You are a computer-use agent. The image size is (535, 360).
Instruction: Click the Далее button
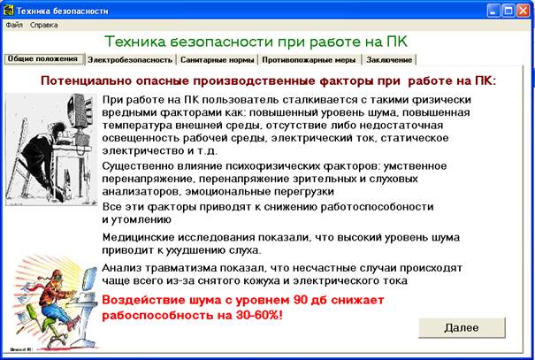pos(462,328)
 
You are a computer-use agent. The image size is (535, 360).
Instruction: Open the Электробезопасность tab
pos(130,60)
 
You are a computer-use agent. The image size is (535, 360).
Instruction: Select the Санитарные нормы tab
pos(217,60)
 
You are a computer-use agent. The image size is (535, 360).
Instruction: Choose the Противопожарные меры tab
pos(309,60)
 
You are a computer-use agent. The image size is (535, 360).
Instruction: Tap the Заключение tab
pos(389,60)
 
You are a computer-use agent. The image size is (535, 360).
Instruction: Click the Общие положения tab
pos(43,58)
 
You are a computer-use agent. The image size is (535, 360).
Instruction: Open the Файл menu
pos(14,25)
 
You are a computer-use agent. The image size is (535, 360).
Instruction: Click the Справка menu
pos(43,25)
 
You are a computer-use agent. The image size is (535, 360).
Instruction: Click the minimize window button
pos(493,11)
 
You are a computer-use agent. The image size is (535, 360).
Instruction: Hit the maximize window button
pos(508,11)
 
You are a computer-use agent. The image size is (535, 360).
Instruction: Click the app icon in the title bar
pos(8,11)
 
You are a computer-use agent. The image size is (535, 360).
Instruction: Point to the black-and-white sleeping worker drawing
pos(51,149)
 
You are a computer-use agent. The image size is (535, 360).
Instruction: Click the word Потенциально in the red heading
pos(86,81)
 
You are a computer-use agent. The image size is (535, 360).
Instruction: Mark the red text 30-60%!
pos(259,315)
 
